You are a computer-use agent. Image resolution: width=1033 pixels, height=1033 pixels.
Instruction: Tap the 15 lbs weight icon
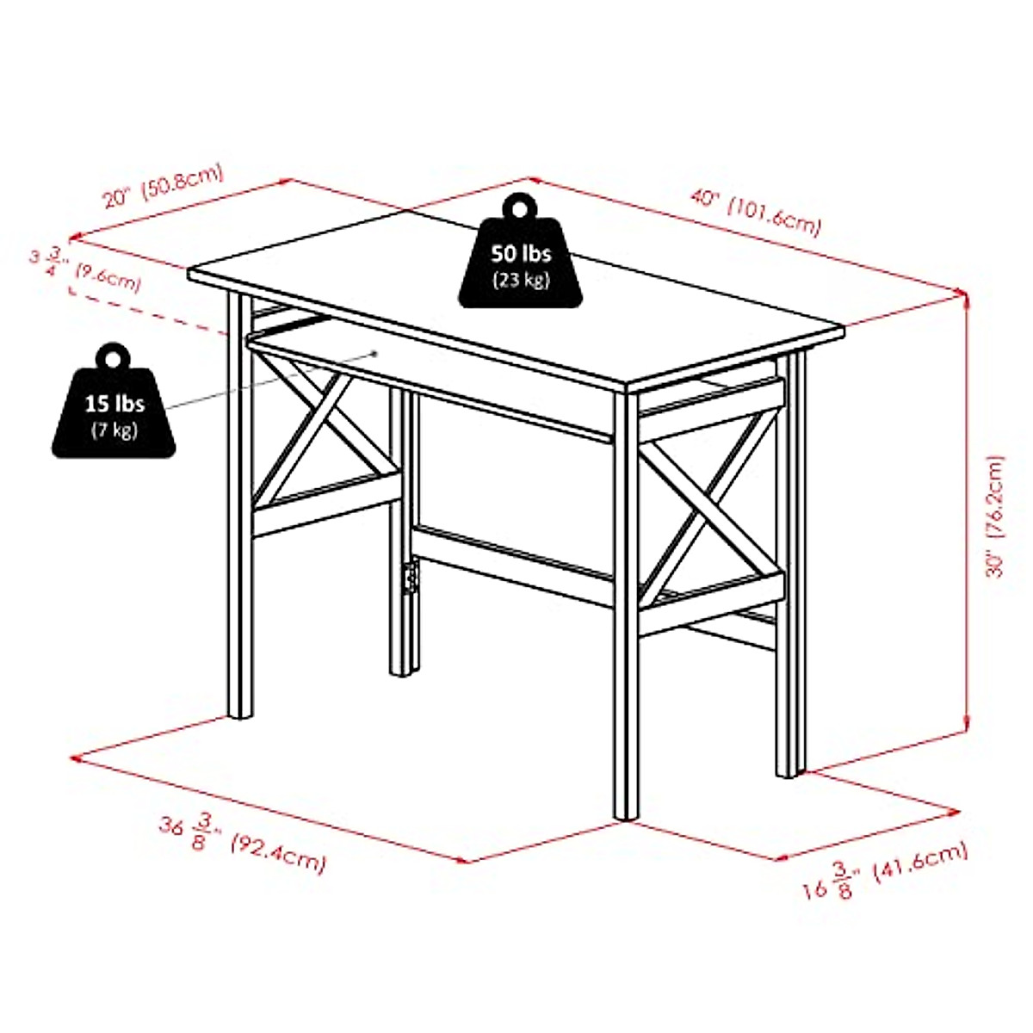tap(114, 408)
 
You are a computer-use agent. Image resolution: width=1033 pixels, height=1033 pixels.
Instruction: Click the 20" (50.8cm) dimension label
tap(163, 186)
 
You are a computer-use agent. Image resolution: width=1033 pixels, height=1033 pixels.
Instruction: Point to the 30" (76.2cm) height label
tap(996, 516)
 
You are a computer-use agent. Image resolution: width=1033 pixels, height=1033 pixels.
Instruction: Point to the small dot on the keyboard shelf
tap(375, 352)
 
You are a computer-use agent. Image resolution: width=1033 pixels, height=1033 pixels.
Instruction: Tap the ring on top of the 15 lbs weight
tap(113, 356)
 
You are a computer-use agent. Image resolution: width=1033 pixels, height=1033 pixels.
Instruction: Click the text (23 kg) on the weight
tap(521, 280)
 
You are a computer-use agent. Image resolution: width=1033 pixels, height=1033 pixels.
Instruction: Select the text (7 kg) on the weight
tap(114, 430)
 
